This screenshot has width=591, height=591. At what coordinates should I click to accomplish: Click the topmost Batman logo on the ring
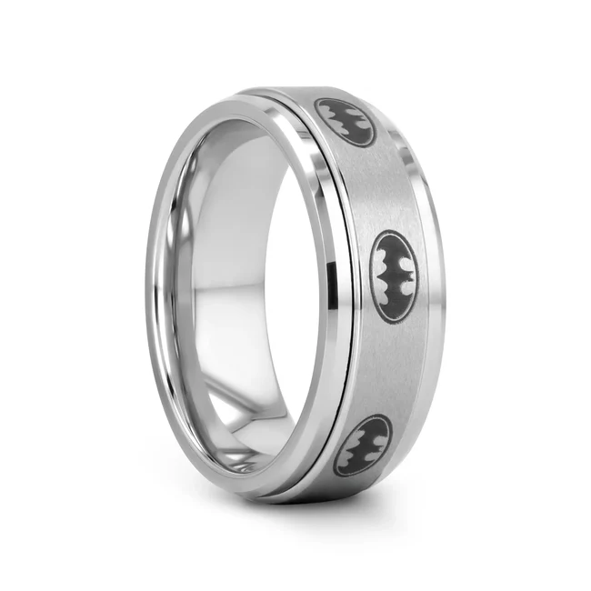point(345,122)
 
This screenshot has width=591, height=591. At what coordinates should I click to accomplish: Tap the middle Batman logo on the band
point(394,275)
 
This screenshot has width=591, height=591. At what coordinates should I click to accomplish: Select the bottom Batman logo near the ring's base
point(362,445)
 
